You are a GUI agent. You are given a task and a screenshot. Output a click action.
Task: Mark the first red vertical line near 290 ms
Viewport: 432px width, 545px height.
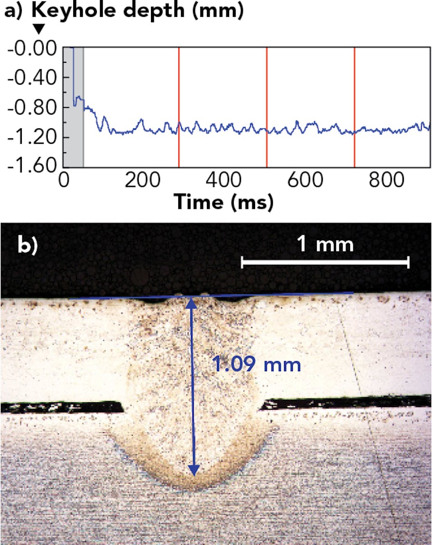pos(179,107)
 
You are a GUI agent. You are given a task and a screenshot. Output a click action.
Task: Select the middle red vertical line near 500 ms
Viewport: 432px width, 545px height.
pos(266,107)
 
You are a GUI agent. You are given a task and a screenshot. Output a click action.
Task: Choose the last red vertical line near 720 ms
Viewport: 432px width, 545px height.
pos(354,107)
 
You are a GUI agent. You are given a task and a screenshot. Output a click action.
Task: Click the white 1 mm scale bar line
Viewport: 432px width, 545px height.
pos(325,262)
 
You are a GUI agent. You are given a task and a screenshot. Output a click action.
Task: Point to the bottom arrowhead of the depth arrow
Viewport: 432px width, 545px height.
pos(194,470)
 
